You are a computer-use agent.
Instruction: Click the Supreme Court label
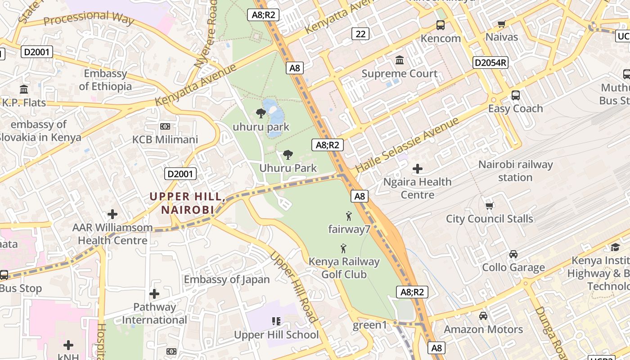(x=400, y=74)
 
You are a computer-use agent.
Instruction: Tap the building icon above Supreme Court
(x=400, y=60)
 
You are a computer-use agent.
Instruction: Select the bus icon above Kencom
(x=441, y=25)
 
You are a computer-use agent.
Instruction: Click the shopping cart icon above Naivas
(x=502, y=24)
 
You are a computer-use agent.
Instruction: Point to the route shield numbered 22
(x=360, y=34)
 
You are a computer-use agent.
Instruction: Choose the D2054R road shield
(x=490, y=63)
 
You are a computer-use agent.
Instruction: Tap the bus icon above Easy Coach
(x=516, y=95)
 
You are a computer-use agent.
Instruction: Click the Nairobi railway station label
(x=515, y=171)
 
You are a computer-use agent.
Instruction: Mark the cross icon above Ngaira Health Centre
(x=418, y=169)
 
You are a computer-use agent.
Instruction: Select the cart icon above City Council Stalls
(x=490, y=206)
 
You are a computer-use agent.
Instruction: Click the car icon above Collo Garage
(x=513, y=254)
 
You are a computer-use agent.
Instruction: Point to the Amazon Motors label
(x=483, y=329)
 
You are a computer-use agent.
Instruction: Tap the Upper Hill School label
(x=276, y=335)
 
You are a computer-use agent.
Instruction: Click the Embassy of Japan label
(x=227, y=279)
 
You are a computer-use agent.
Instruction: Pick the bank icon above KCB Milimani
(x=165, y=126)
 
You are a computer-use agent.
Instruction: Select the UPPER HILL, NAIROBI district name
(x=187, y=203)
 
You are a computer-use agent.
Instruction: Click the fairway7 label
(x=349, y=229)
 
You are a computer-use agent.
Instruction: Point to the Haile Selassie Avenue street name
(x=407, y=145)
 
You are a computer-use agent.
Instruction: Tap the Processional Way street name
(x=89, y=18)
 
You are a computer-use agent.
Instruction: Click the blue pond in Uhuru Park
(x=273, y=112)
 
